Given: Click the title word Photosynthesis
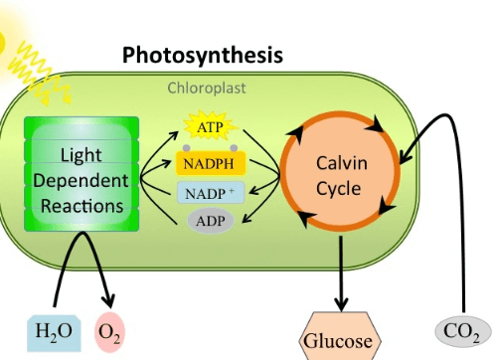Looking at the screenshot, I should [203, 54].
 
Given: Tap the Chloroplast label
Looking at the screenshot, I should [206, 88].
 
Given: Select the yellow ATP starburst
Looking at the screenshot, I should [210, 127].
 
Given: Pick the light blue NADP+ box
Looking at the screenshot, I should [210, 192].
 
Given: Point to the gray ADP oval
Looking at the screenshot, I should [210, 219].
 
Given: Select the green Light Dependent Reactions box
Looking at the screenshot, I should [81, 180].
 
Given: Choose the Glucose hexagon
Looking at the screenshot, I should [339, 339].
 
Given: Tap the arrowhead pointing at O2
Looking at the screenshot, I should [107, 301].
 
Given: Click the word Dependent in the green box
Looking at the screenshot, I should [81, 181].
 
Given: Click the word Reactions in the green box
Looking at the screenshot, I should [82, 206].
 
